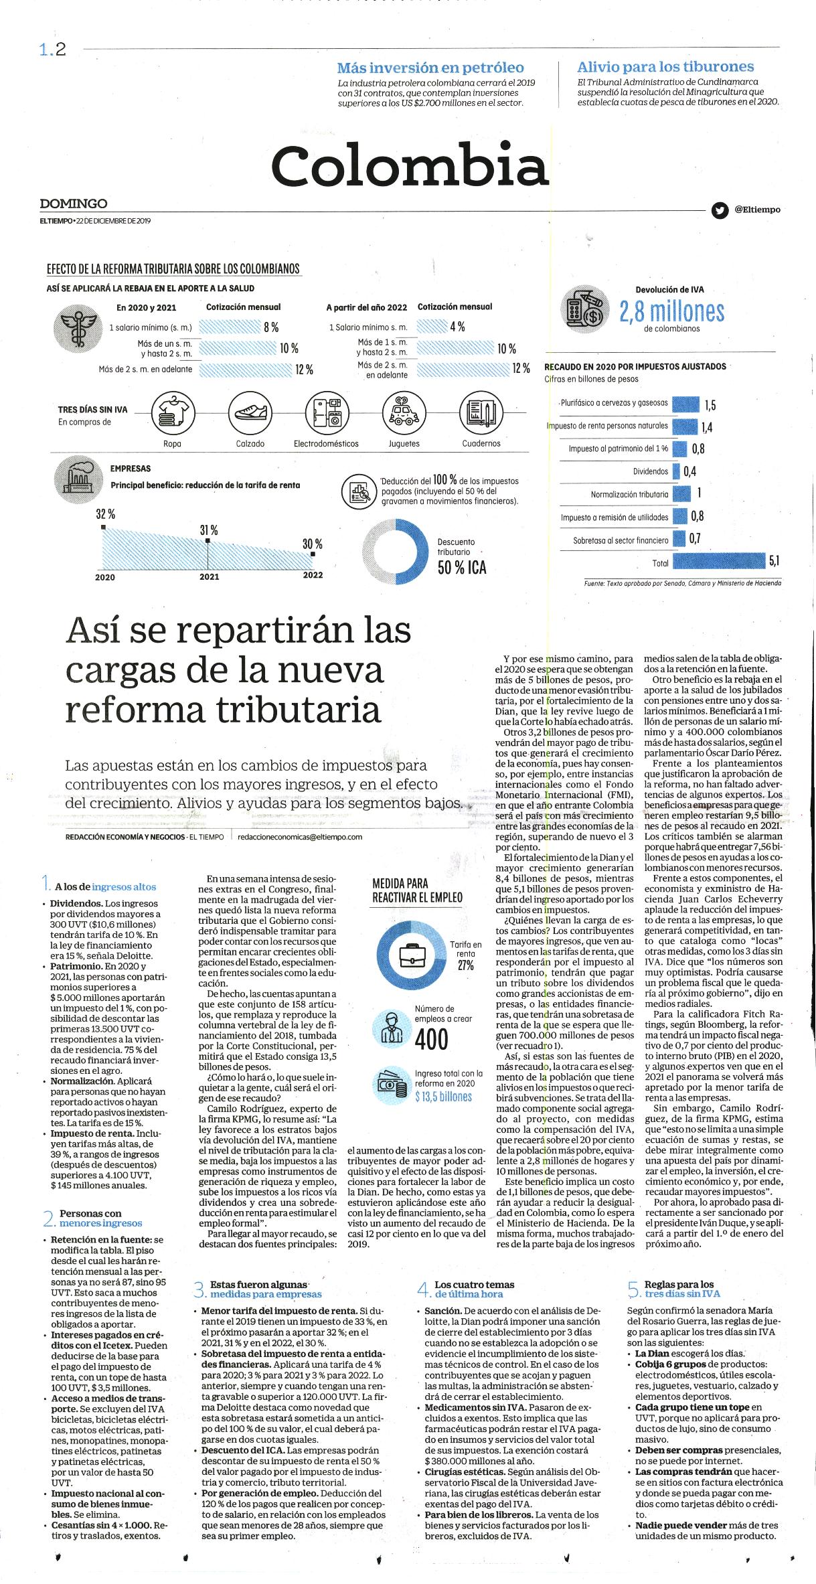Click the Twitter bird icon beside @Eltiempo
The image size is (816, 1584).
pyautogui.click(x=720, y=210)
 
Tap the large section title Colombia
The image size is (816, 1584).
pyautogui.click(x=410, y=165)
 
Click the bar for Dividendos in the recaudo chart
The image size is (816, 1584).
pyautogui.click(x=676, y=471)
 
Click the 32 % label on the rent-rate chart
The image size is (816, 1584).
pyautogui.click(x=105, y=514)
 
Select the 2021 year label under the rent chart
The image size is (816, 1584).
pyautogui.click(x=209, y=576)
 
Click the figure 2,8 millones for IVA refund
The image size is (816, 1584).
pyautogui.click(x=671, y=311)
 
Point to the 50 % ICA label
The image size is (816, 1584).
pyautogui.click(x=462, y=568)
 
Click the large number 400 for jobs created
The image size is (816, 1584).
pyautogui.click(x=432, y=1039)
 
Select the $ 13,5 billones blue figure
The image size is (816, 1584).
pyautogui.click(x=443, y=1097)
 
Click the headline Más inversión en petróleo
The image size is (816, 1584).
pyautogui.click(x=430, y=68)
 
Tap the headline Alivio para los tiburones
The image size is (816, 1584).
pyautogui.click(x=665, y=67)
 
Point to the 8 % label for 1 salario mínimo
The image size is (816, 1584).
pyautogui.click(x=270, y=327)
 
